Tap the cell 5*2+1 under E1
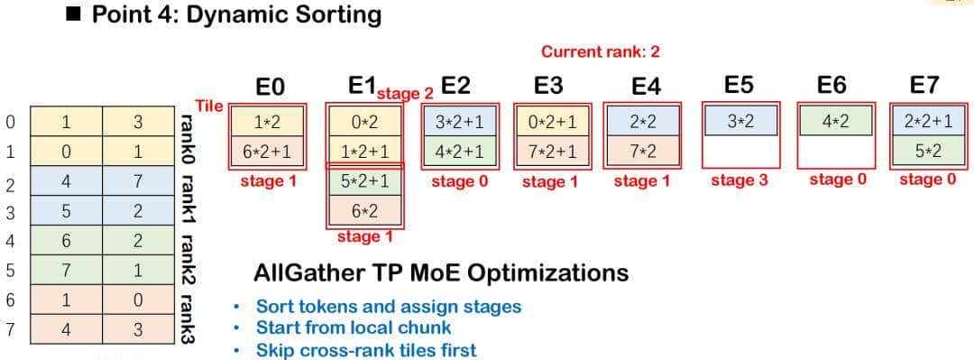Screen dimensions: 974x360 pyautogui.click(x=364, y=183)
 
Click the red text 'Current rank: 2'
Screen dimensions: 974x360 pyautogui.click(x=600, y=51)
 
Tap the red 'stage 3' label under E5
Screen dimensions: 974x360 pyautogui.click(x=739, y=181)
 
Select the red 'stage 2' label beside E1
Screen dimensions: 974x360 pyautogui.click(x=405, y=94)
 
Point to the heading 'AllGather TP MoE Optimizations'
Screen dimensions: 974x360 pyautogui.click(x=441, y=273)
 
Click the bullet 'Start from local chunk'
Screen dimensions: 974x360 pyautogui.click(x=354, y=328)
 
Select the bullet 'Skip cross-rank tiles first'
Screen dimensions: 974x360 pyautogui.click(x=366, y=349)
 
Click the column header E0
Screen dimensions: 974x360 pyautogui.click(x=271, y=87)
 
